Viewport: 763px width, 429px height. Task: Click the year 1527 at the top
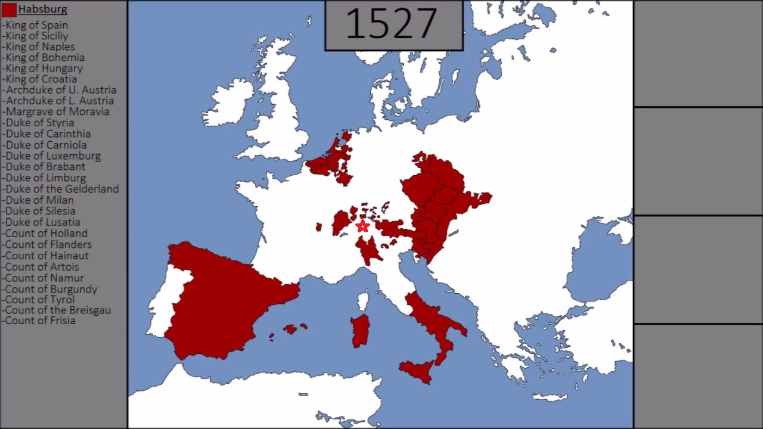(x=392, y=24)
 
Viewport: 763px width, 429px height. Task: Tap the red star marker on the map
(x=362, y=226)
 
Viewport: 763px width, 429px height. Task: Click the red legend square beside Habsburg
(x=9, y=10)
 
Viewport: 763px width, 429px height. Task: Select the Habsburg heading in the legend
(x=42, y=10)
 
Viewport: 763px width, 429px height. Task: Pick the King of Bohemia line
(x=44, y=57)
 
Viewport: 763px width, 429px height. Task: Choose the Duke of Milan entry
(x=38, y=200)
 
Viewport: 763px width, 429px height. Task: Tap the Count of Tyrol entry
(x=39, y=299)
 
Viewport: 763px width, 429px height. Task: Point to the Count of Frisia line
(x=39, y=321)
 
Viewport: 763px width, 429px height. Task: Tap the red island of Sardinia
(x=360, y=331)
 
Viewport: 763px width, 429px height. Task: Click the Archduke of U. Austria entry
(x=59, y=90)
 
